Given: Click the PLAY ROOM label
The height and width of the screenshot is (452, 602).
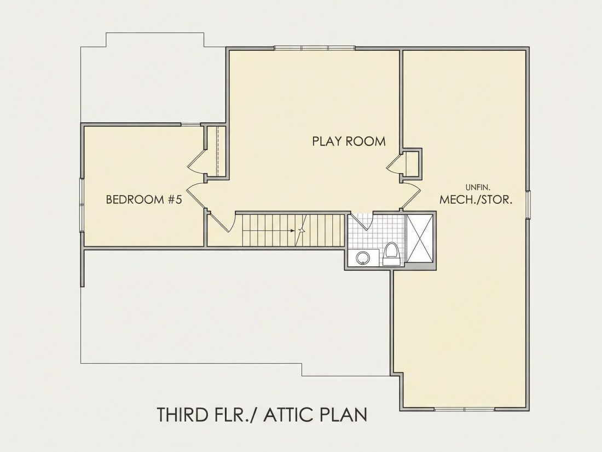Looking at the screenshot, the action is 349,141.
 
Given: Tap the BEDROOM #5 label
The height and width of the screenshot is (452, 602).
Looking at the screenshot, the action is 143,200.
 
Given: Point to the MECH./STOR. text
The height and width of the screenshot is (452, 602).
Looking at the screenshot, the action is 476,200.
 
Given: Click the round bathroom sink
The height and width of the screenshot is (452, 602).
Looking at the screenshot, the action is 362,258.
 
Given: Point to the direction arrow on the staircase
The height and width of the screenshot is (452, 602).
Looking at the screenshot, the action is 298,231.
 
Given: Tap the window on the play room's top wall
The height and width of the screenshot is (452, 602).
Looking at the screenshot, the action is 315,48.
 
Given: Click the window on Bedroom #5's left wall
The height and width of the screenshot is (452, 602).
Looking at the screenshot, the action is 82,204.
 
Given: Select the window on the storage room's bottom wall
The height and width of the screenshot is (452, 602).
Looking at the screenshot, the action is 465,409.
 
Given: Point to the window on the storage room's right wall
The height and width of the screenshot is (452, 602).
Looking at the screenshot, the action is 528,204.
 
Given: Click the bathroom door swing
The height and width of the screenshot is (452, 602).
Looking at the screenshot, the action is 362,221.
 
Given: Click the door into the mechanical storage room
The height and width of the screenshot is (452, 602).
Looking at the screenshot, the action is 411,196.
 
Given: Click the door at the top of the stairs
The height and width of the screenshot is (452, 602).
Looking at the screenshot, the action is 221,222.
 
